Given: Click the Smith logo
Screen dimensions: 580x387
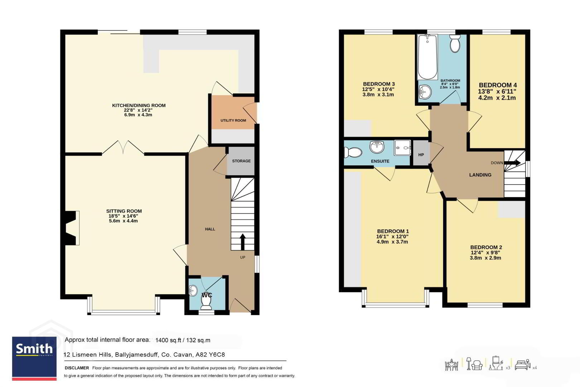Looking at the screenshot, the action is [x=34, y=358].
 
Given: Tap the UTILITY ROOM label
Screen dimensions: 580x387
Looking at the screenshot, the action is [x=233, y=120].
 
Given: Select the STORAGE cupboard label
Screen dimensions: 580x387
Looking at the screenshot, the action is [x=241, y=161].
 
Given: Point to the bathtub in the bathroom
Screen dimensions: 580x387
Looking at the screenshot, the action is [x=427, y=57].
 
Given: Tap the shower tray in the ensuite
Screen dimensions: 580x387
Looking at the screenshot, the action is [x=402, y=148].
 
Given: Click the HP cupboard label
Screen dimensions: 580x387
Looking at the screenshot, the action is [x=421, y=155].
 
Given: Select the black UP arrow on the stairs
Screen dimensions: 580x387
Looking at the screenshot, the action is [x=243, y=242].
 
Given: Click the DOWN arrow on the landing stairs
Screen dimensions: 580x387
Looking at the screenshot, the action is [x=512, y=163].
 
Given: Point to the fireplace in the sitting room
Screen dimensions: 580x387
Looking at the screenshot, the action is [x=71, y=228].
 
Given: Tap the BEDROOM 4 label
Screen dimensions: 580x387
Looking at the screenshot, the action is [x=498, y=85].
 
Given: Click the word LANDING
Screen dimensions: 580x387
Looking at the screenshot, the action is [x=480, y=175].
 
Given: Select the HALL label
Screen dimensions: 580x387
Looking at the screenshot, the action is [x=210, y=229].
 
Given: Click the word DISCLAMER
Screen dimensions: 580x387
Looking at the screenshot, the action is [x=77, y=368].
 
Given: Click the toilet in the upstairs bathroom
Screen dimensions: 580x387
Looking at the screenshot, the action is [x=455, y=44].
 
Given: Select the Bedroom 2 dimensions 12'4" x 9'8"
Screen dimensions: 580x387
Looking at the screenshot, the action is [x=485, y=253].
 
